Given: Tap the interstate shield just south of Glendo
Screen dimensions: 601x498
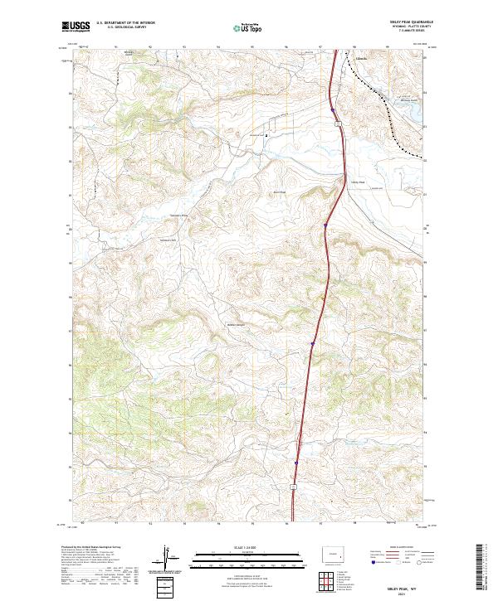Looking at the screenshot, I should pos(339,124).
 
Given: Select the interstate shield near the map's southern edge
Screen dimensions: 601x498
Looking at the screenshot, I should pos(293,484).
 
